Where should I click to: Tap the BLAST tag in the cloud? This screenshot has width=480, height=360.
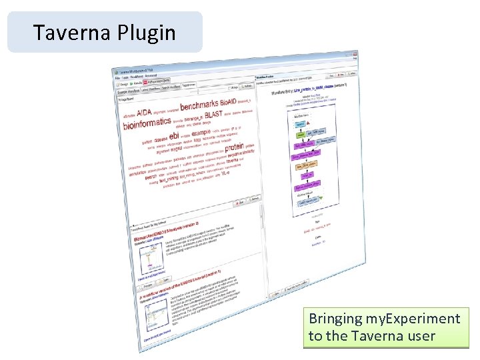(x=214, y=115)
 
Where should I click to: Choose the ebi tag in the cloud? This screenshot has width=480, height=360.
(x=177, y=136)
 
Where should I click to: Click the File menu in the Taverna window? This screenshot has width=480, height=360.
(x=117, y=78)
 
